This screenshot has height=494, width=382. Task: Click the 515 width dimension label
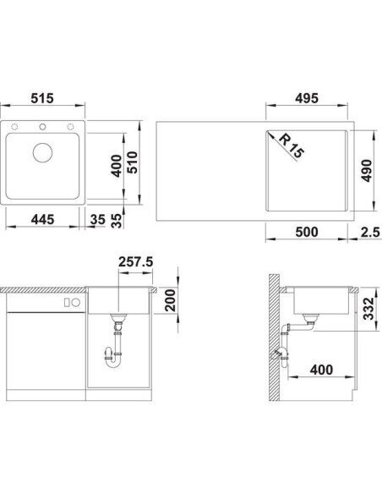tap(42, 98)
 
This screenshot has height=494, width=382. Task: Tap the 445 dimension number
tap(42, 219)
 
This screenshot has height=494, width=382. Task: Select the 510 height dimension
tap(133, 162)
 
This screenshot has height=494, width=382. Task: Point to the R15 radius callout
tap(292, 145)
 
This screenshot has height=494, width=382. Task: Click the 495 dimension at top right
tap(307, 98)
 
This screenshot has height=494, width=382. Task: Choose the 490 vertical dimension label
tap(366, 170)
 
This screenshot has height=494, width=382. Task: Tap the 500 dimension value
tap(307, 232)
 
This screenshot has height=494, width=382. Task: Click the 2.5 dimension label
tap(370, 232)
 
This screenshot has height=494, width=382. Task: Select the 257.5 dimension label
tap(135, 261)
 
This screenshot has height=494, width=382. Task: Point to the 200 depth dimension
tap(171, 300)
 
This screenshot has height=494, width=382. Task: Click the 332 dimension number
tap(368, 309)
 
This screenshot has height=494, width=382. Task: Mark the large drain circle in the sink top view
tap(42, 152)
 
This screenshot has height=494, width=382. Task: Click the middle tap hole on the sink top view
tap(42, 127)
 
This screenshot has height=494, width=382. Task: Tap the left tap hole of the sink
tap(14, 127)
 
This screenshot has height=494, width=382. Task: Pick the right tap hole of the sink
tap(70, 127)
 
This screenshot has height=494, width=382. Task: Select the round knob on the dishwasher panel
tap(76, 303)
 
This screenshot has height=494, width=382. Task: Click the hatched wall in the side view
tap(274, 338)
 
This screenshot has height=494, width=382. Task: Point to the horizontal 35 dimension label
tap(97, 219)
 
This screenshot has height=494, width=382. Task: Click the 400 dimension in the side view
tap(321, 370)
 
